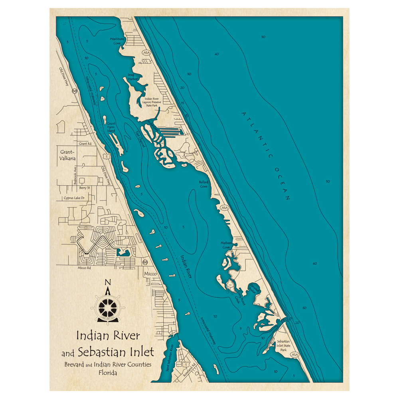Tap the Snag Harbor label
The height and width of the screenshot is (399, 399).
click(x=132, y=77)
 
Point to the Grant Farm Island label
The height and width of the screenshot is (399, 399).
click(x=111, y=127)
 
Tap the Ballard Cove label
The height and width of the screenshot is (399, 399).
click(x=203, y=184)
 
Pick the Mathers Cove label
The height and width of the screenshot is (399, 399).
click(x=226, y=245)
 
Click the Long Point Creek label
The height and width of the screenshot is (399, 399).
click(x=239, y=297)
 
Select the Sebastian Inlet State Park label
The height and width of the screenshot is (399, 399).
click(x=282, y=346)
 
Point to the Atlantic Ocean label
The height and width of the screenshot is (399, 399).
click(x=265, y=156)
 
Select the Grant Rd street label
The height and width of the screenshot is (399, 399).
click(x=85, y=143)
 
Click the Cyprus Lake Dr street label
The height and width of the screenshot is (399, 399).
click(x=74, y=198)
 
